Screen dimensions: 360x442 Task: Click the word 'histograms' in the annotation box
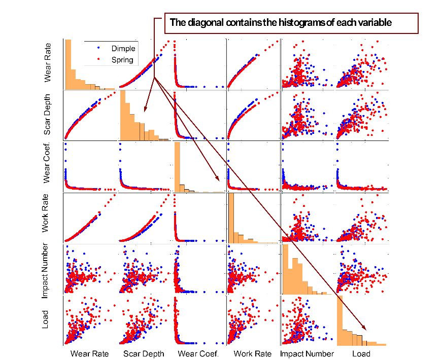288,22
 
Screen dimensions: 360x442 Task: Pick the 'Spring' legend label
122,60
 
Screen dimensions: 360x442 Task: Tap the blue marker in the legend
98,49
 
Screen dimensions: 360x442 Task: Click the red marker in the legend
98,60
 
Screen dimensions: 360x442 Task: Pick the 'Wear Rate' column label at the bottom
89,354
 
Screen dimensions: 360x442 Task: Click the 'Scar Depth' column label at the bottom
144,354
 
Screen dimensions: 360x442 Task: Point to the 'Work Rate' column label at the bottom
252,354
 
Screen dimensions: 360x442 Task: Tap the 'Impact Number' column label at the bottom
307,354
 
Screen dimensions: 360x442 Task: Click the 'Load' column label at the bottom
361,354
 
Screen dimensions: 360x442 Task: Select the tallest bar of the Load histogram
340,320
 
